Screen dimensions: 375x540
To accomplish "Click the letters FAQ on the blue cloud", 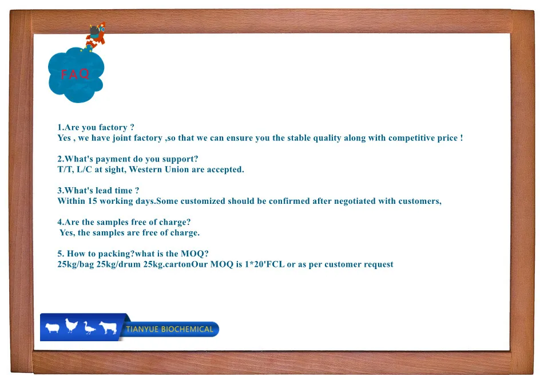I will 76,74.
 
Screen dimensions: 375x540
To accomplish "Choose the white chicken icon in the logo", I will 71,326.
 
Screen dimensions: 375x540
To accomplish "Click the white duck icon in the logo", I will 89,328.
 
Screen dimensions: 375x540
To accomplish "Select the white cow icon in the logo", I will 108,327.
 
